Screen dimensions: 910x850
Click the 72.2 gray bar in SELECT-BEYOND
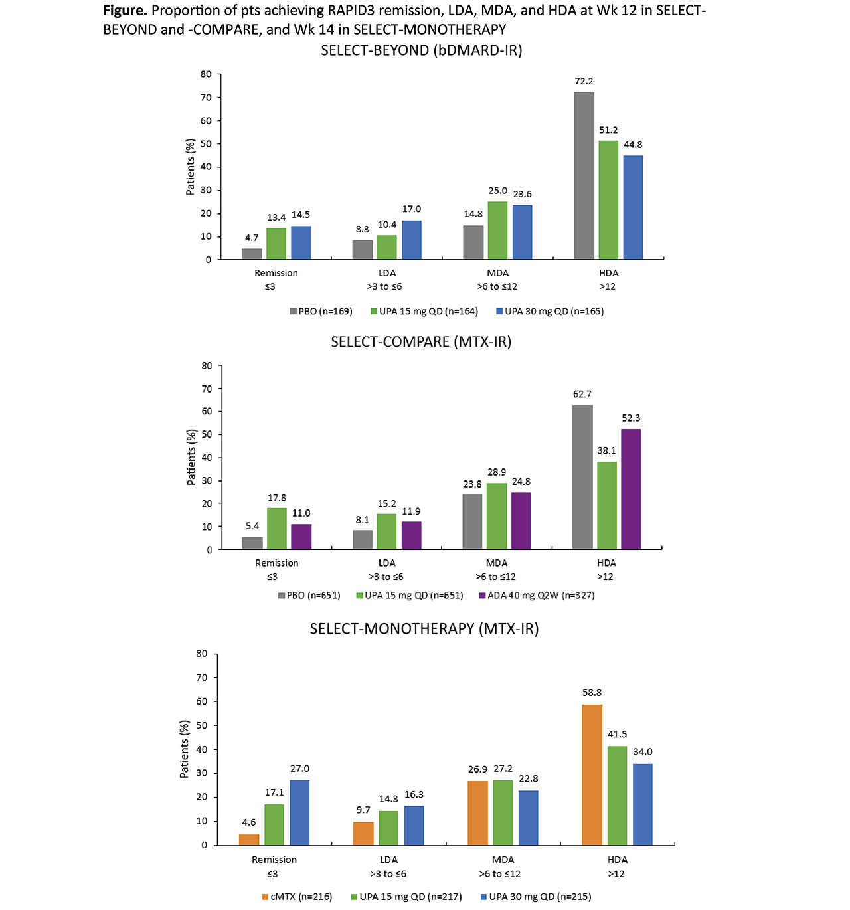(584, 176)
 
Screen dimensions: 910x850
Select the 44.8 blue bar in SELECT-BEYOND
(633, 207)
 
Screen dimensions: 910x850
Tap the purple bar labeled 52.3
(631, 489)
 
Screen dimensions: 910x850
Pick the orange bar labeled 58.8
(592, 774)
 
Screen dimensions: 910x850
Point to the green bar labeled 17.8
(277, 529)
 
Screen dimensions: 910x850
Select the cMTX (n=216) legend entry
(297, 897)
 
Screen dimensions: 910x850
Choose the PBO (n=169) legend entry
(321, 312)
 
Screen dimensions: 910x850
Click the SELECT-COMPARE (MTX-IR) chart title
(421, 342)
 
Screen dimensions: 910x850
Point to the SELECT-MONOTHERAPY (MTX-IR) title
(424, 628)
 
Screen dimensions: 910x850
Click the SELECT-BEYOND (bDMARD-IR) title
(421, 50)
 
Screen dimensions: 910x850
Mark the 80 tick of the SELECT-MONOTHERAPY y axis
(202, 654)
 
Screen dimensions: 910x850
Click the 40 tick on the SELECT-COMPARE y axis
(207, 458)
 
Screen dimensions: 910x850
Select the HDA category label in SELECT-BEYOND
(608, 273)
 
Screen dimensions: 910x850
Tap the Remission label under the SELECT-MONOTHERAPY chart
(274, 860)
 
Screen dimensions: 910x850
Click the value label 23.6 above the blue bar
(522, 195)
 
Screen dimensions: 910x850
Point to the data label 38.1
(606, 451)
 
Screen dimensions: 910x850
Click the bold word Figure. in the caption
(125, 11)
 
